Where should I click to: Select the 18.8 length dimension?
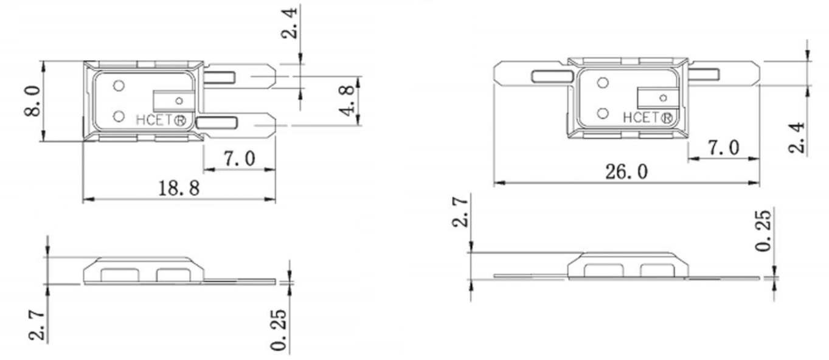(x=178, y=189)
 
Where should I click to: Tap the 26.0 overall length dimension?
(x=626, y=172)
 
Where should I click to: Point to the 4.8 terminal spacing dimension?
(x=347, y=101)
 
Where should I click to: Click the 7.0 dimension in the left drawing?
(x=239, y=159)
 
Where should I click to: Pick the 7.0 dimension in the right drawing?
(x=723, y=148)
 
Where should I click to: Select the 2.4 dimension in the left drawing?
(x=291, y=23)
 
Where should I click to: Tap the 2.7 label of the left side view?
(x=36, y=324)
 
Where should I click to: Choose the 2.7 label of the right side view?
(x=460, y=211)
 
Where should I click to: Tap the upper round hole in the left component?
(x=119, y=86)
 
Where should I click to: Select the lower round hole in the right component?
(x=603, y=113)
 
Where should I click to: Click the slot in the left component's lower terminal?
(x=216, y=123)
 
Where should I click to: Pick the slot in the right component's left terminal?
(x=552, y=77)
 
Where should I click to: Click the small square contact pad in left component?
(x=173, y=100)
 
